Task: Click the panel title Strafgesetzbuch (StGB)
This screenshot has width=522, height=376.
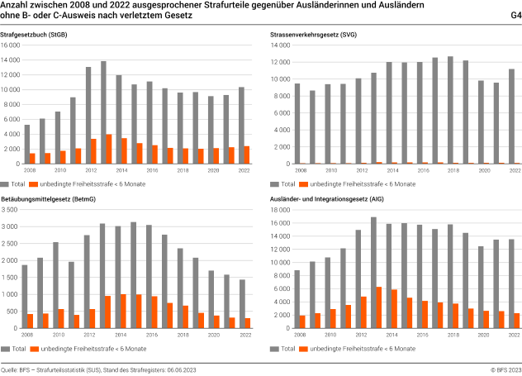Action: pyautogui.click(x=36, y=33)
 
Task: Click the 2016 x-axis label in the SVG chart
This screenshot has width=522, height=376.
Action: pyautogui.click(x=422, y=170)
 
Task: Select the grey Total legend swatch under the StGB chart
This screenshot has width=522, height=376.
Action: pyautogui.click(x=6, y=183)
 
